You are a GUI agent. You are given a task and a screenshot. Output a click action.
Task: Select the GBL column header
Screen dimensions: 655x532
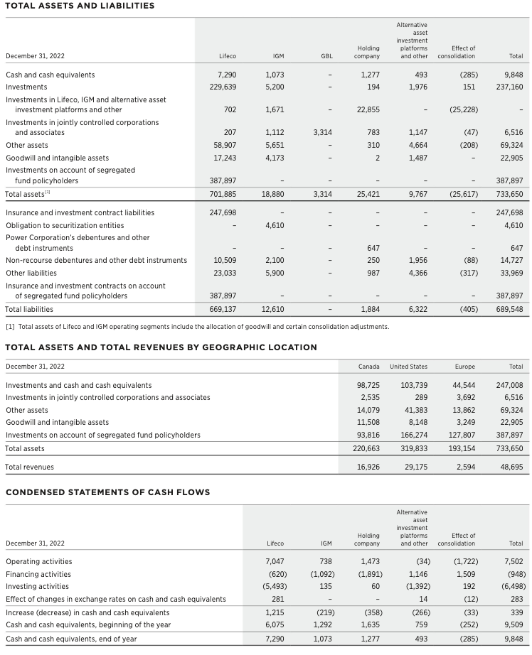326,55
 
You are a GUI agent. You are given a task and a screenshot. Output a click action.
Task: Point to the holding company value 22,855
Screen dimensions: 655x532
368,109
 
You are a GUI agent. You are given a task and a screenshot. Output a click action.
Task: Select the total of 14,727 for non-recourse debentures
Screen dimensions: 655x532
511,261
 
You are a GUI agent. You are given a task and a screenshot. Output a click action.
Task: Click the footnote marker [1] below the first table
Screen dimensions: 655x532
10,326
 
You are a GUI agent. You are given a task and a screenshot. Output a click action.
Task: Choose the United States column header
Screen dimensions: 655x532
408,367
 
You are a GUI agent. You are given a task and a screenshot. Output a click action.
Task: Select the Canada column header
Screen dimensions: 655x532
368,367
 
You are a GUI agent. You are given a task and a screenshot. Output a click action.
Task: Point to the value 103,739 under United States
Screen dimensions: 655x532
414,385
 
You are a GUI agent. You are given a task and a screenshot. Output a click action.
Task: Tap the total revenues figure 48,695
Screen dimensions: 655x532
511,467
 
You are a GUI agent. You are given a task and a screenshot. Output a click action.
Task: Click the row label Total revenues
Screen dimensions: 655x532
29,467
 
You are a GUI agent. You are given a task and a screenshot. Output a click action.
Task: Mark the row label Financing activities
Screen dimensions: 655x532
38,574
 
